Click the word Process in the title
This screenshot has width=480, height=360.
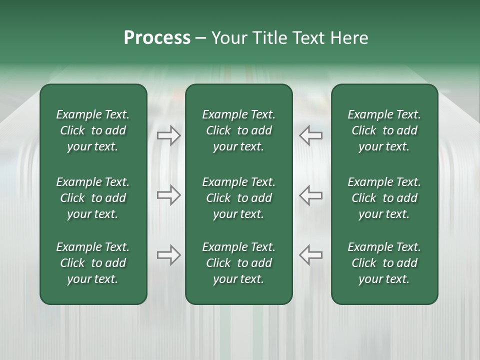tap(157, 38)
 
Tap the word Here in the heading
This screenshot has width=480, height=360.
tap(349, 38)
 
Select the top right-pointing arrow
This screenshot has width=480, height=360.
tap(169, 135)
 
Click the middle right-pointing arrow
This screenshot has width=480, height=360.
tap(169, 195)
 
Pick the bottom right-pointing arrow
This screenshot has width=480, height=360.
tap(169, 255)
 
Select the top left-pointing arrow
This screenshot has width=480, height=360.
tap(311, 135)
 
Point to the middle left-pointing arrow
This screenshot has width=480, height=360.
tap(311, 195)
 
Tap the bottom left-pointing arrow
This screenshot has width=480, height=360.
tap(311, 255)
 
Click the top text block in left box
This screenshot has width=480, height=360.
tap(93, 130)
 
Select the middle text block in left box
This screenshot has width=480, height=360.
tap(93, 198)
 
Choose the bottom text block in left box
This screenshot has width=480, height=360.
tap(93, 263)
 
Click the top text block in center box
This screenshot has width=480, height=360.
tap(239, 130)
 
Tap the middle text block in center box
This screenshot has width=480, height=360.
tap(239, 198)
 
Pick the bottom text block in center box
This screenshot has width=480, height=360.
tap(239, 263)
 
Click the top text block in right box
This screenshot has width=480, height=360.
tap(384, 130)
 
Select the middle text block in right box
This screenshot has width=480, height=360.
tap(384, 198)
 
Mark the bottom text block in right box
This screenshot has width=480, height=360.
tap(384, 263)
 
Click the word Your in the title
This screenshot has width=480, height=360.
tap(228, 38)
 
